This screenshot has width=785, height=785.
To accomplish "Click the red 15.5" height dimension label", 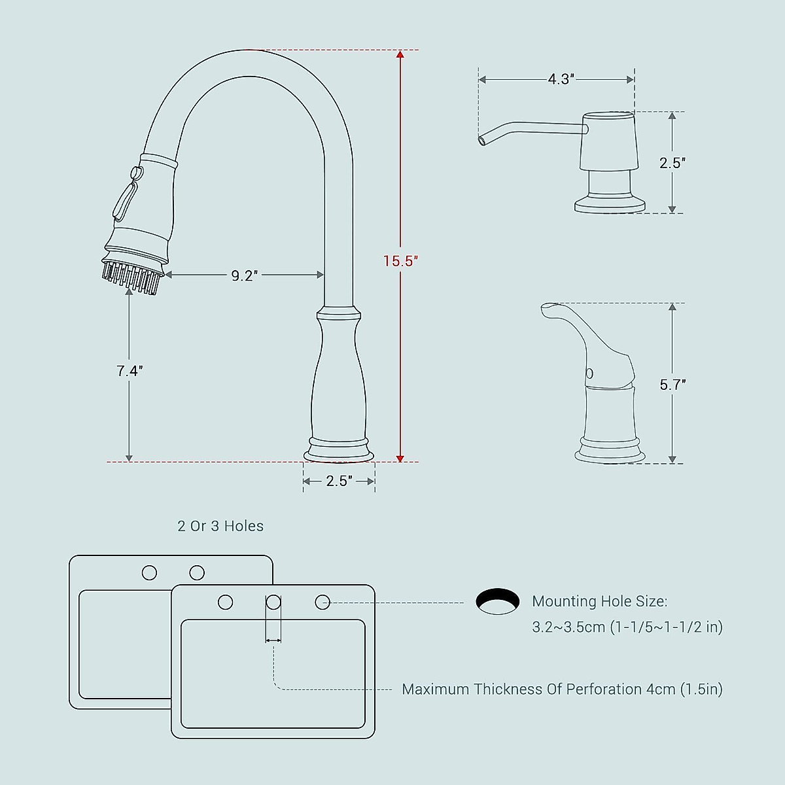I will [400, 261].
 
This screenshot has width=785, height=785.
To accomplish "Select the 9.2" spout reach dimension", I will [245, 276].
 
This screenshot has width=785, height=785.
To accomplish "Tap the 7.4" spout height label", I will [130, 371].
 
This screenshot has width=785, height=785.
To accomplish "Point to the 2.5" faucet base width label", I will [339, 481].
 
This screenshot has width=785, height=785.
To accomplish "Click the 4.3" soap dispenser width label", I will [561, 80].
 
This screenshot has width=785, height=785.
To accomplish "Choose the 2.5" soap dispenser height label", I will [672, 164].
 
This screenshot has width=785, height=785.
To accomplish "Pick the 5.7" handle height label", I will [672, 385].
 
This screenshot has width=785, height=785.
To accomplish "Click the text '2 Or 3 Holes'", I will [220, 526].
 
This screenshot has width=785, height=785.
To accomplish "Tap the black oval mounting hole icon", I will [498, 602].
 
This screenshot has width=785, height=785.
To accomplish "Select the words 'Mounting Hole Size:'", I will [599, 601].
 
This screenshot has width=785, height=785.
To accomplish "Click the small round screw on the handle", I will [589, 374].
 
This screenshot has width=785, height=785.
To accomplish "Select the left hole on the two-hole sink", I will [149, 573].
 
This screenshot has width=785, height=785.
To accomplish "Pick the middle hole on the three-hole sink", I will [273, 602].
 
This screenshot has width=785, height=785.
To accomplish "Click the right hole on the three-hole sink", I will [323, 602].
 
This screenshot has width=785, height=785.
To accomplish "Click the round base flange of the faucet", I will [339, 454].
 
